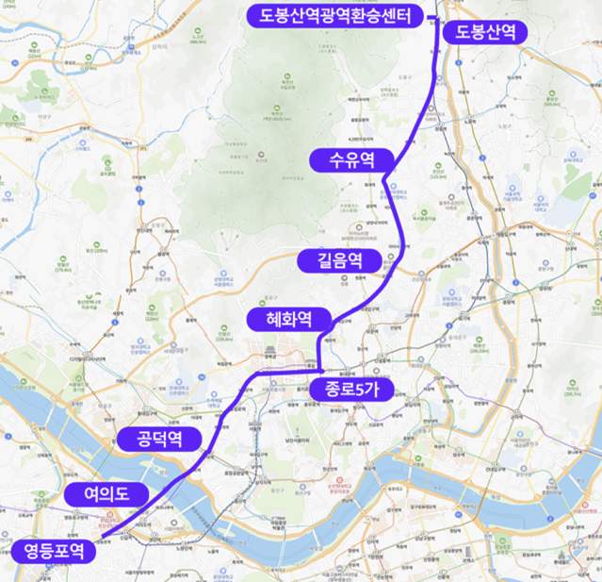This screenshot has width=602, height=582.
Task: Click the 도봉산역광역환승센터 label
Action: tap(334, 15)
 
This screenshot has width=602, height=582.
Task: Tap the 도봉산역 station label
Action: tap(485, 31)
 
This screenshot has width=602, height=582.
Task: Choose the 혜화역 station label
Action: tap(290, 320)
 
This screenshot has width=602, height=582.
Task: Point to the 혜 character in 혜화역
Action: tap(268, 320)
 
